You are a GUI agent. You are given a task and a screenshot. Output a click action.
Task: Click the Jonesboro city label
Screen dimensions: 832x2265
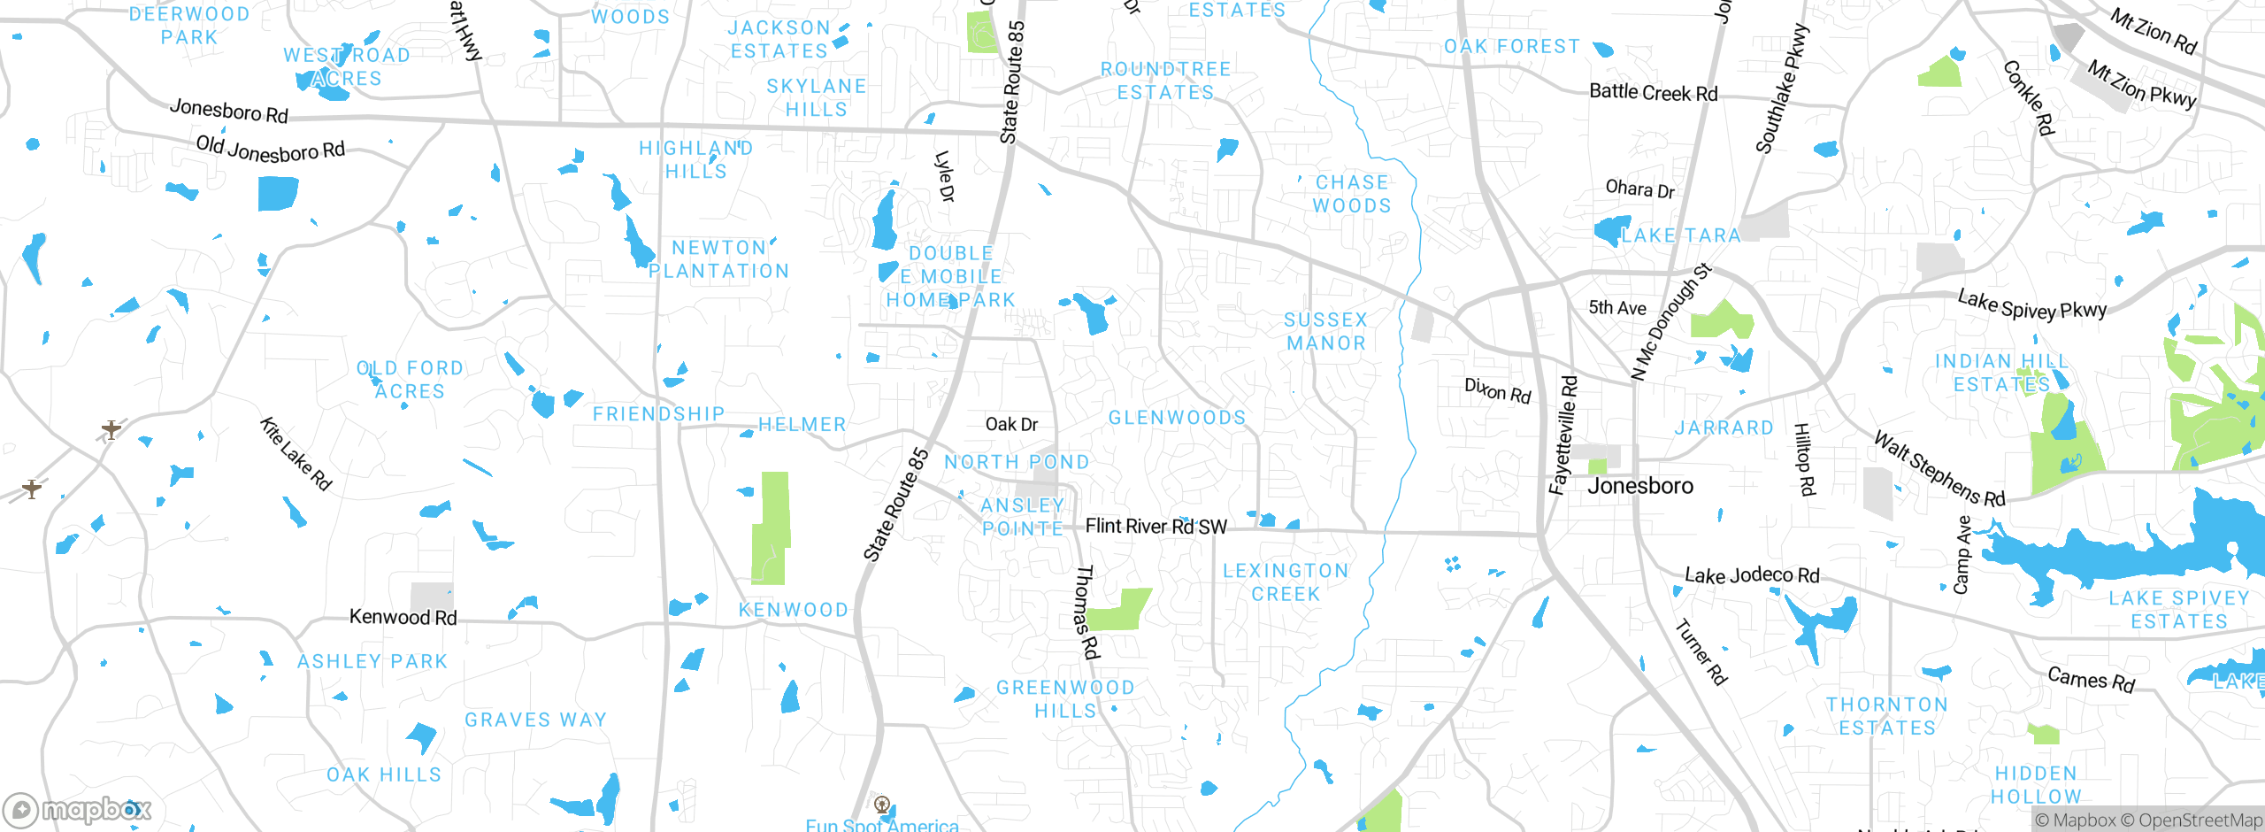tap(1639, 486)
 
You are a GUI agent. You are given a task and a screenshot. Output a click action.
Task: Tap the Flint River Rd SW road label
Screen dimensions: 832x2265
tap(1156, 527)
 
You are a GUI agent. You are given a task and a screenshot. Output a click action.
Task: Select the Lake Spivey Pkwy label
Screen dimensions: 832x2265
tap(2031, 305)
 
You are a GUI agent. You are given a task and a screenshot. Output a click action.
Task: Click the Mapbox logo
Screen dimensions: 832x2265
tap(78, 809)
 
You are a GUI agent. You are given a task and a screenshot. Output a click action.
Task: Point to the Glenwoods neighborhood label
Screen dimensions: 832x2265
tap(1177, 418)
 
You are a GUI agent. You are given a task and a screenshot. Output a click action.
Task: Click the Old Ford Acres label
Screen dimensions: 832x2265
tap(410, 380)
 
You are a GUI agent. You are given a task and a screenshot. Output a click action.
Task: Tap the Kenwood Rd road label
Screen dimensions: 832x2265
tap(403, 617)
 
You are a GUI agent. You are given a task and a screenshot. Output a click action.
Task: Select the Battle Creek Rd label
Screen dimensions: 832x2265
tap(1653, 93)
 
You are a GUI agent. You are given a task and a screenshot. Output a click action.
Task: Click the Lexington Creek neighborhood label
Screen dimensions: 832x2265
tap(1286, 582)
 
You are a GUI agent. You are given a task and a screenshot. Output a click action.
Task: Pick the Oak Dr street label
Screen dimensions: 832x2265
tap(1011, 425)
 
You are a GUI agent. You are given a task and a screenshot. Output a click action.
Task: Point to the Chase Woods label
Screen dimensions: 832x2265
tap(1351, 194)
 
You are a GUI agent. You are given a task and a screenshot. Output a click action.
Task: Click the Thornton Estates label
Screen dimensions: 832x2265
tap(1887, 716)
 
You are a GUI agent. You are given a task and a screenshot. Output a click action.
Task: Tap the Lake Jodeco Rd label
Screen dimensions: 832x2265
tap(1752, 575)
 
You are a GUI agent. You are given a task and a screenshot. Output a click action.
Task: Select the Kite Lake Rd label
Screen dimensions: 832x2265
tap(296, 454)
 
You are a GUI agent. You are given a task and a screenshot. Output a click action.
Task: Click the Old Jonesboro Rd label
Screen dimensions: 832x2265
tap(270, 149)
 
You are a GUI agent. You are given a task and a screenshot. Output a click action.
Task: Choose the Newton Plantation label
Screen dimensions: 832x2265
tap(718, 259)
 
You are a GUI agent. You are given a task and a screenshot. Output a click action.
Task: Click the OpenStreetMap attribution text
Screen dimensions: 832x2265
tap(2200, 820)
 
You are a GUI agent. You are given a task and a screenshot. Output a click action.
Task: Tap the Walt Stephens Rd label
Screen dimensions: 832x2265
tap(1939, 469)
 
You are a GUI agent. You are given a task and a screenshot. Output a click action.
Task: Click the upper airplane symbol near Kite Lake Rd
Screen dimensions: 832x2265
tap(111, 430)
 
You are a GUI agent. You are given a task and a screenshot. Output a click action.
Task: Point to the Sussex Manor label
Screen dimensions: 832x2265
tap(1325, 331)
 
